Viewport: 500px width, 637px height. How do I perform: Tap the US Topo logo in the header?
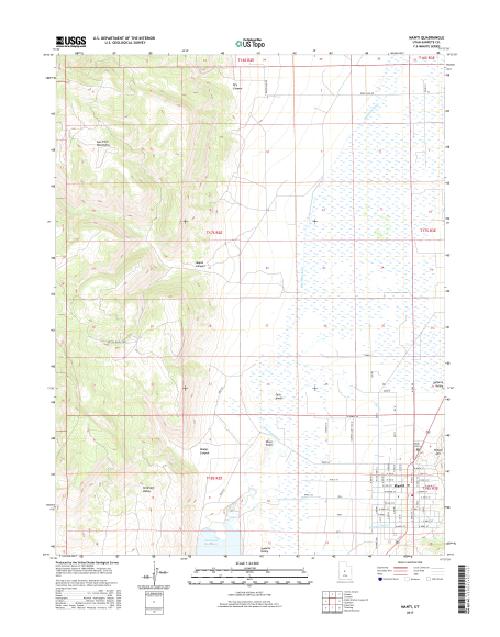(x=249, y=44)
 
